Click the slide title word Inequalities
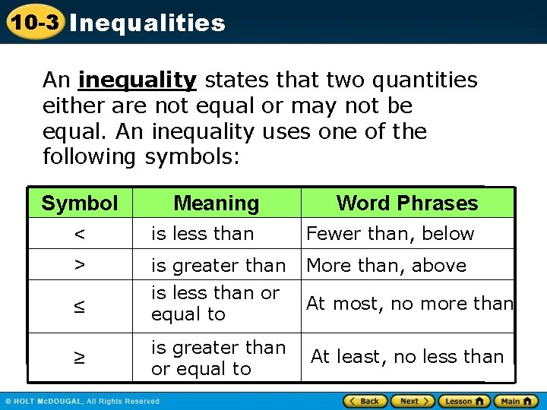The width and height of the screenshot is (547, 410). pyautogui.click(x=147, y=23)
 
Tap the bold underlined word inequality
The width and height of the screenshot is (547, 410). pyautogui.click(x=138, y=80)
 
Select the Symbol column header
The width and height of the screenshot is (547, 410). pyautogui.click(x=80, y=203)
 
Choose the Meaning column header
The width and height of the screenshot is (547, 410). pyautogui.click(x=217, y=203)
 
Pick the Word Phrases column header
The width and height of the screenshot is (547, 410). pyautogui.click(x=407, y=203)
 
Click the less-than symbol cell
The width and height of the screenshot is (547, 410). pyautogui.click(x=80, y=234)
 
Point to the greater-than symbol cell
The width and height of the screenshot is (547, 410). pyautogui.click(x=80, y=265)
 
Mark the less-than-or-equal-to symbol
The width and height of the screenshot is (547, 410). pyautogui.click(x=80, y=306)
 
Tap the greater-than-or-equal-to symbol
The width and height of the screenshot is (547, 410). pyautogui.click(x=80, y=357)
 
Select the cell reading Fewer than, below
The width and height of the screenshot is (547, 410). pyautogui.click(x=390, y=234)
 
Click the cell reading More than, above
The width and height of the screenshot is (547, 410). pyautogui.click(x=386, y=265)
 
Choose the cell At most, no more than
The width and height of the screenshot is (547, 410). pyautogui.click(x=409, y=304)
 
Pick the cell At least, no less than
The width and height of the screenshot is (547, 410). pyautogui.click(x=407, y=357)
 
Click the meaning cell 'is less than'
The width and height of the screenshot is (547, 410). pyautogui.click(x=203, y=234)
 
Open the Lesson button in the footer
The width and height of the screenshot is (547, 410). pyautogui.click(x=464, y=401)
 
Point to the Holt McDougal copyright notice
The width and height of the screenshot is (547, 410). pyautogui.click(x=83, y=401)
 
